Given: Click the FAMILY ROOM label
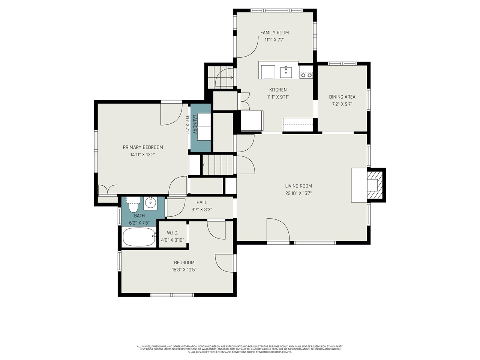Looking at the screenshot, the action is point(274,33).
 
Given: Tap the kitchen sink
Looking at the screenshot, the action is point(286,72).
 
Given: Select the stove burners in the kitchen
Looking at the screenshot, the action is point(306,75).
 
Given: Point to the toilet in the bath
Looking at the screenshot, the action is point(133,205).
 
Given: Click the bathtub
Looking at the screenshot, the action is point(139,237).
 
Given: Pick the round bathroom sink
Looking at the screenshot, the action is point(150,203).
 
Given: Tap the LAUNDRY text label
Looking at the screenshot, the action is point(195,124).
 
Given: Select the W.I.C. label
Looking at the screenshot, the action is point(172,233).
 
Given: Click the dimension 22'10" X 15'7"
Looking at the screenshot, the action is point(298,193).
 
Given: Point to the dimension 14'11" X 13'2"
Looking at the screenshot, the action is point(143,155).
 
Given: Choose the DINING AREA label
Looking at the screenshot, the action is point(342,97).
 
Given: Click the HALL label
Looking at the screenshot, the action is point(202,202).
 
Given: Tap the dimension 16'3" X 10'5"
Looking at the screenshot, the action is point(184,270).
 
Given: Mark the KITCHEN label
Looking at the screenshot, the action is point(278,90).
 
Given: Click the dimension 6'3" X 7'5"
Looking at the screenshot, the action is point(139,223).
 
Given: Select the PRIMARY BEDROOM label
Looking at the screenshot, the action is point(143,147).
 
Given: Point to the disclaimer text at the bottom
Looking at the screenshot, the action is point(240,349).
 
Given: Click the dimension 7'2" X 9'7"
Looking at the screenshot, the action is point(342,104).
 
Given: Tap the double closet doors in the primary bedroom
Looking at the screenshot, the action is point(108,190).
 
